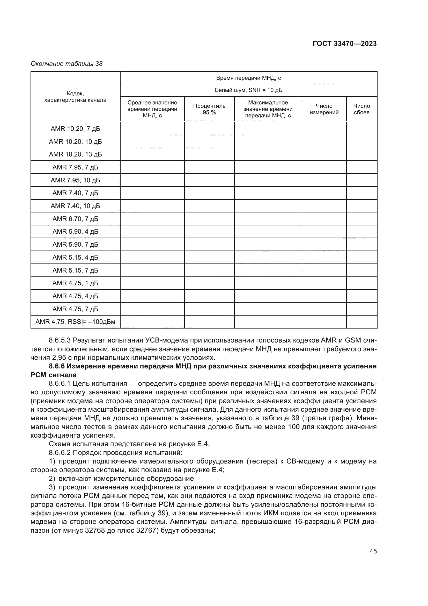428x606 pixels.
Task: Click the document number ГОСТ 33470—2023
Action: (345, 44)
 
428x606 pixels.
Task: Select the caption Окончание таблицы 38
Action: (67, 64)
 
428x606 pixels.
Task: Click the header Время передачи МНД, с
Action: (248, 78)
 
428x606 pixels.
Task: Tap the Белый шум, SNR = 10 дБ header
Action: (248, 90)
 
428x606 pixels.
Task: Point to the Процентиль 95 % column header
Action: (209, 109)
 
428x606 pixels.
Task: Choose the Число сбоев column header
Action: (361, 109)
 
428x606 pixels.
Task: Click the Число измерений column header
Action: (324, 109)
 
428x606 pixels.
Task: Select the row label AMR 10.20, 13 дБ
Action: (75, 154)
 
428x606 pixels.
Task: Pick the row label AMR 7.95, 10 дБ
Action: (75, 180)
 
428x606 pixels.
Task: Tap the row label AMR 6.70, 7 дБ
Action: (75, 219)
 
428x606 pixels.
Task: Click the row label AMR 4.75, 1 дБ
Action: (75, 283)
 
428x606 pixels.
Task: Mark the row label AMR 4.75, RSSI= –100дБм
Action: (75, 322)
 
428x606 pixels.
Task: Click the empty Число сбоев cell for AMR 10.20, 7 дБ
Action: (361, 129)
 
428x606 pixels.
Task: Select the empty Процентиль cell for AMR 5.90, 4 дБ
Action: (209, 232)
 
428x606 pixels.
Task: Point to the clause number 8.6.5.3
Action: (60, 341)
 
